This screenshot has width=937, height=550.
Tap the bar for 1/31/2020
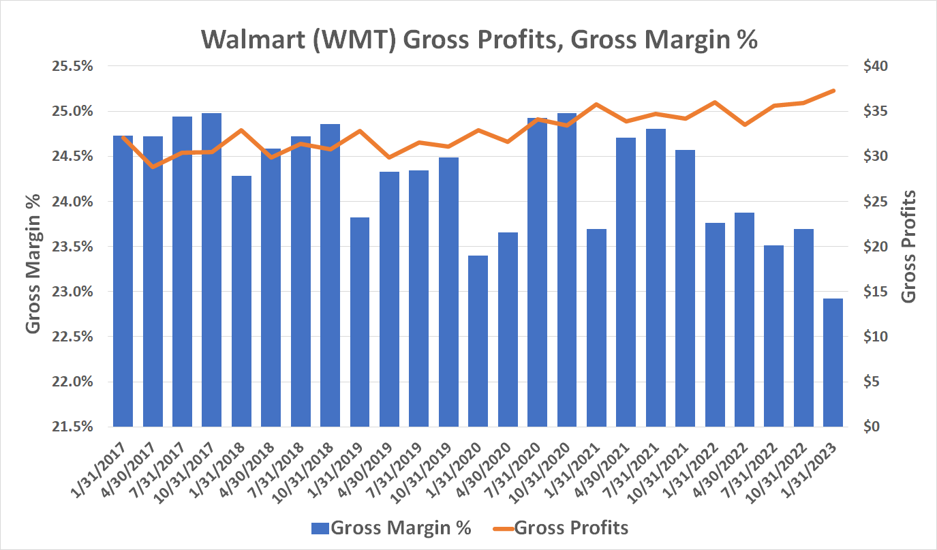(x=478, y=341)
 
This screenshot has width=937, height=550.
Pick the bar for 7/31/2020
(x=537, y=273)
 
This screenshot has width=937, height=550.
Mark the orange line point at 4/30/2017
(x=152, y=166)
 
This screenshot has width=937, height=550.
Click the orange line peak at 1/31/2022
(x=714, y=102)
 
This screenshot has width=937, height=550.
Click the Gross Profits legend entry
(x=559, y=528)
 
